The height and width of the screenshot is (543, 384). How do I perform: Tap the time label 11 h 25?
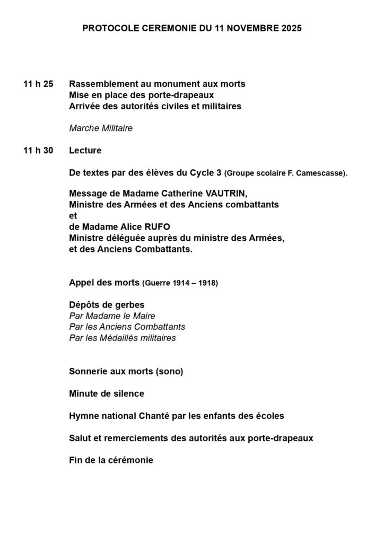click(x=38, y=84)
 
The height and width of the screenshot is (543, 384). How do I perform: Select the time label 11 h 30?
click(x=38, y=151)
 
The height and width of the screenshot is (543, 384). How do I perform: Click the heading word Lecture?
click(x=85, y=151)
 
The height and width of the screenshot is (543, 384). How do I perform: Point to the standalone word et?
click(x=73, y=216)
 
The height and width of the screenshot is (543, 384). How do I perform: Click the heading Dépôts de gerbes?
click(x=107, y=305)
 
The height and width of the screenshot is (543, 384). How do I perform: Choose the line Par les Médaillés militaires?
click(x=122, y=338)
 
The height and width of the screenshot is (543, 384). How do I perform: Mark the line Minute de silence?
click(x=107, y=394)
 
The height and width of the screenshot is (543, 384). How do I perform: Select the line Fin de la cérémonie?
click(x=111, y=460)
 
